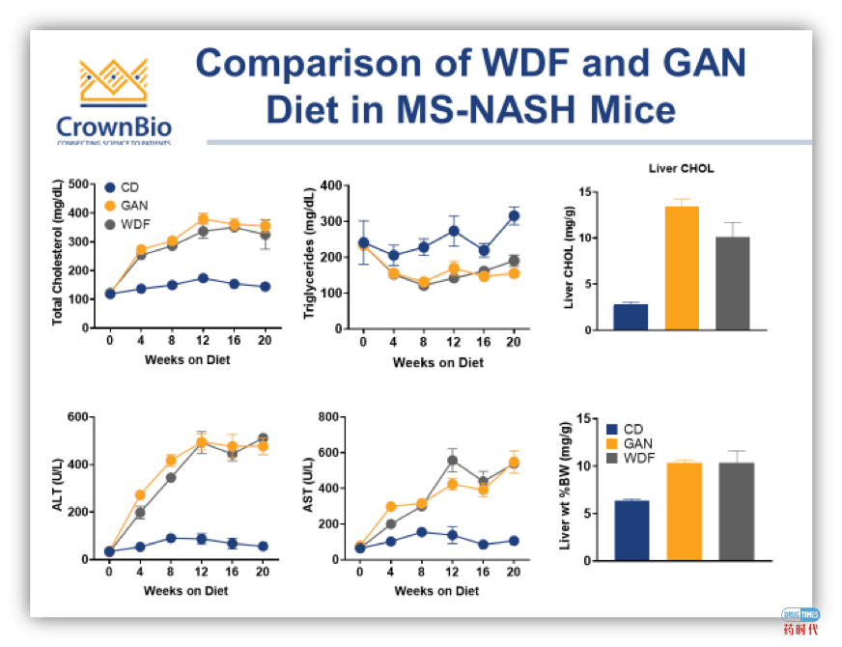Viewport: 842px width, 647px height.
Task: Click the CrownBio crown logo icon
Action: [x=113, y=82]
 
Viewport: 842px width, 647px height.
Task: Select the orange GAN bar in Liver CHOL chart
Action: [x=682, y=268]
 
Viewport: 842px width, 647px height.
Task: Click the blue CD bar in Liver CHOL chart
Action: [x=631, y=317]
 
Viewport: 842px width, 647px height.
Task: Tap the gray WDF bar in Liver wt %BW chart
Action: [x=732, y=510]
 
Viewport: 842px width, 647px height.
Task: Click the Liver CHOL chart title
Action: [x=682, y=169]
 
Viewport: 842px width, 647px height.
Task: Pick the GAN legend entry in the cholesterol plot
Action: [x=137, y=206]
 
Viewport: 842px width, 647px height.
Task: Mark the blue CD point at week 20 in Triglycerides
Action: [x=514, y=216]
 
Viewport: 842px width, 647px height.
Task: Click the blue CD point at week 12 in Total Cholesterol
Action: [x=203, y=278]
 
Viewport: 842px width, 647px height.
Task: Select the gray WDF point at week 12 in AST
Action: [x=451, y=461]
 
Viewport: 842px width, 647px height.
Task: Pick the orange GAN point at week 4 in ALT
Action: [x=140, y=494]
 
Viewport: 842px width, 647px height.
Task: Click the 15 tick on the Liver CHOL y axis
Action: [x=584, y=192]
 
